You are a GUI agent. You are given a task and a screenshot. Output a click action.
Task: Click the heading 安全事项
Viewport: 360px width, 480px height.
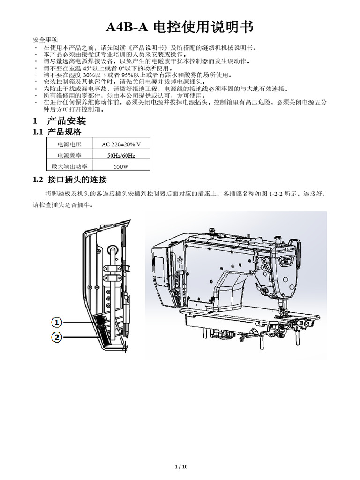coord(46,39)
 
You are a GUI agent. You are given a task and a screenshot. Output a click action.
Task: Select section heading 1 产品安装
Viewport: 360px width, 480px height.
coord(60,121)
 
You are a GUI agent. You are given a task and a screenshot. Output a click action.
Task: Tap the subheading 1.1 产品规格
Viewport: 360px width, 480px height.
coord(57,132)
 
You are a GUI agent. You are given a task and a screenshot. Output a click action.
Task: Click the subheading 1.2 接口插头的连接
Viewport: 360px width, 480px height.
coord(70,180)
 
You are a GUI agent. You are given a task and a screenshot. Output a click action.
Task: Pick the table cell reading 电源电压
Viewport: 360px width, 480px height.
coord(69,144)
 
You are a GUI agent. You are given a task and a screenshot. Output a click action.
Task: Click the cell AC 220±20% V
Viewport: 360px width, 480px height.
coord(121,144)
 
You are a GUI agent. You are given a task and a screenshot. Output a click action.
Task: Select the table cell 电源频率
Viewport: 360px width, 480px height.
coord(69,155)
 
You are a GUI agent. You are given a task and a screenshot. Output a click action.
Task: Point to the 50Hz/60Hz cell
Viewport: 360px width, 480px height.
coord(121,155)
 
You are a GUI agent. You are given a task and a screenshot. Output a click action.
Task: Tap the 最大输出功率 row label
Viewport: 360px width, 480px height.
coord(69,166)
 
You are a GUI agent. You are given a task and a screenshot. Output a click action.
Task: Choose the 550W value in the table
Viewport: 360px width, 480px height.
coord(121,166)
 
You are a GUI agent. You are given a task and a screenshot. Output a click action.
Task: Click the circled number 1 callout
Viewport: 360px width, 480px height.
coord(56,322)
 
